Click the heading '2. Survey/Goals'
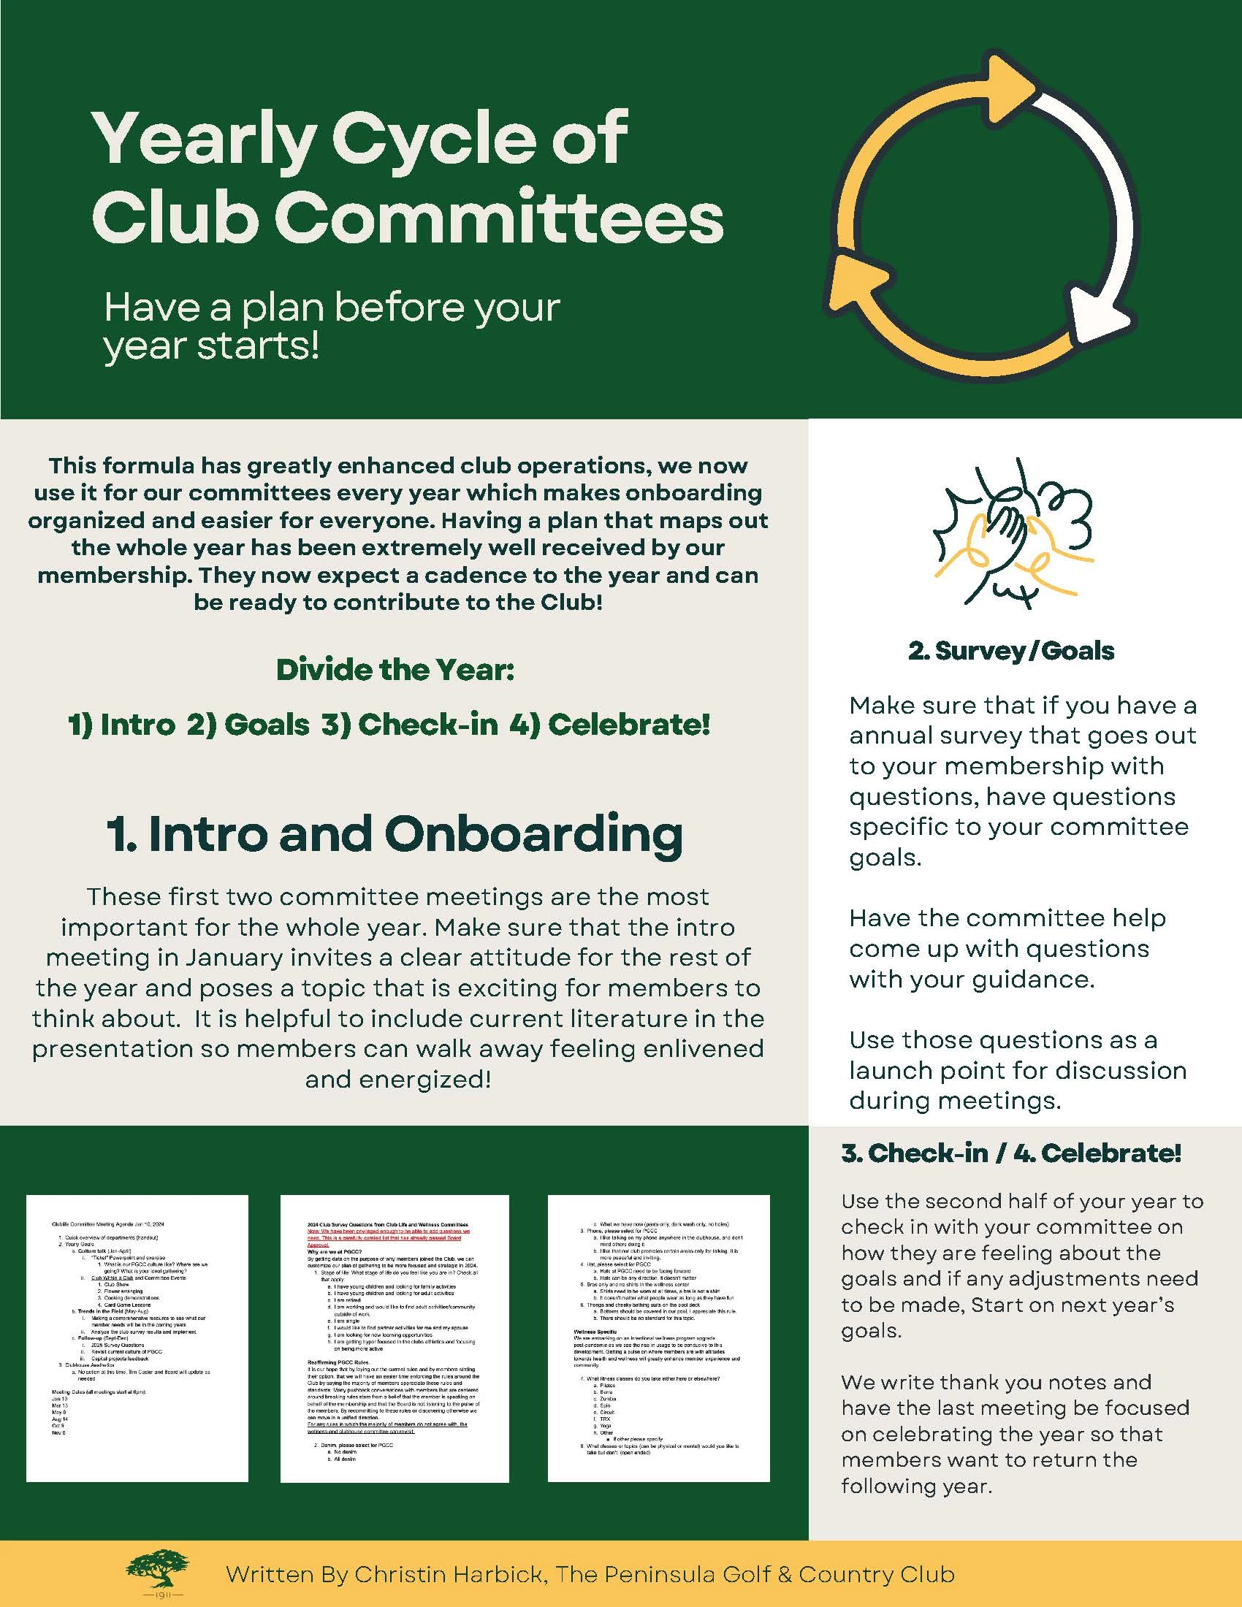point(1011,650)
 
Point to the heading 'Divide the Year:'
point(395,670)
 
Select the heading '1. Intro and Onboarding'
point(395,834)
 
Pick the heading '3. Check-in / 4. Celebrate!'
point(1011,1153)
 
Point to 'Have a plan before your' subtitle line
point(332,307)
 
